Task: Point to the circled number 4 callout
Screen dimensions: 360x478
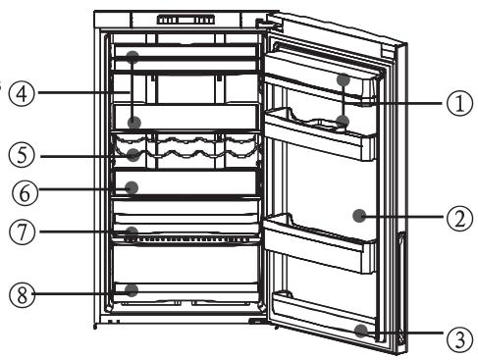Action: (x=21, y=94)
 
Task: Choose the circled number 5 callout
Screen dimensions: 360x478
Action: (x=21, y=155)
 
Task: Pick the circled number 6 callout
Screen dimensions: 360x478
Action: (x=21, y=192)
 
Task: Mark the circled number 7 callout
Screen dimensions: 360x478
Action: (x=21, y=233)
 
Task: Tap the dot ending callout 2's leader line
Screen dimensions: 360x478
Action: (x=362, y=214)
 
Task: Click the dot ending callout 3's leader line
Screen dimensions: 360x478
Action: (x=362, y=331)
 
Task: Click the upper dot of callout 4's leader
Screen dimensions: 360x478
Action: (x=133, y=59)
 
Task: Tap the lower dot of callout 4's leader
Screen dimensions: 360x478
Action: (x=133, y=123)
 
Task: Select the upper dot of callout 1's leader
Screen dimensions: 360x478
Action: (x=343, y=79)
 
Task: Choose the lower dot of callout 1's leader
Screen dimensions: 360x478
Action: (x=343, y=123)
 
